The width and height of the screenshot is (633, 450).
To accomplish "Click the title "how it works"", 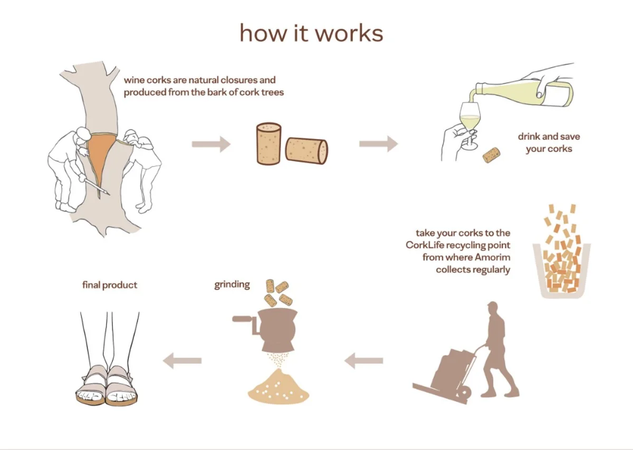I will coord(311,33).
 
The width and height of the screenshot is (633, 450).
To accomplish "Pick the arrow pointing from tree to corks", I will coord(210,144).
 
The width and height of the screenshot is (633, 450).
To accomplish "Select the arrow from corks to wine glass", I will coord(378,144).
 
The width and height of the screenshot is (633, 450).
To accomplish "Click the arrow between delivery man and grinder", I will coord(364,361).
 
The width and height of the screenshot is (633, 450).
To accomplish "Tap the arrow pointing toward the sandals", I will coord(183,361).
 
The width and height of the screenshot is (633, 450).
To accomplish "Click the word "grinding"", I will coord(232,285).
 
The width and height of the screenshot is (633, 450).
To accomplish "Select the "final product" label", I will coord(110,285).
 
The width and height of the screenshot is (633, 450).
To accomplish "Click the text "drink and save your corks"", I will coord(549,143).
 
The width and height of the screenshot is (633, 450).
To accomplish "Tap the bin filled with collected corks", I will coord(561,269).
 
